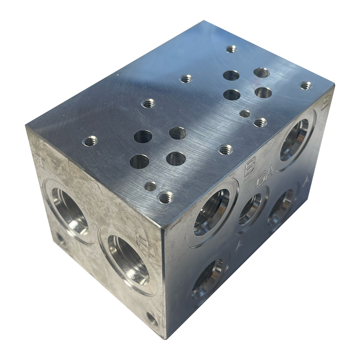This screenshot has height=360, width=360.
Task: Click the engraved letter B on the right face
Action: click(x=247, y=169)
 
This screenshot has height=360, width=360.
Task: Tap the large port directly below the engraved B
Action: click(x=211, y=212)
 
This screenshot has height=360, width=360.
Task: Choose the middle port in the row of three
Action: click(x=250, y=209)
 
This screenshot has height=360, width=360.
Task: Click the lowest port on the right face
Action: click(x=207, y=277)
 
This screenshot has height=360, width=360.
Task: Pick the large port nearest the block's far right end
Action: click(x=295, y=139)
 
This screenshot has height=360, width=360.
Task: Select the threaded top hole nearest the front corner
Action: click(x=166, y=197)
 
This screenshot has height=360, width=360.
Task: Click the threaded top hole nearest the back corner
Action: click(x=231, y=49)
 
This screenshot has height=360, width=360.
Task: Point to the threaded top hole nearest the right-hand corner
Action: click(x=306, y=85)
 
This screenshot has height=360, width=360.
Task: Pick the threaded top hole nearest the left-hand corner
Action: click(x=90, y=141)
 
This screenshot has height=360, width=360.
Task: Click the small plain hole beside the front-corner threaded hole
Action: click(x=150, y=186)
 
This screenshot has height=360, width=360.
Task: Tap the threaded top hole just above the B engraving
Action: click(x=225, y=149)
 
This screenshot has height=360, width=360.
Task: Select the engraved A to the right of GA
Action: click(x=307, y=182)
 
